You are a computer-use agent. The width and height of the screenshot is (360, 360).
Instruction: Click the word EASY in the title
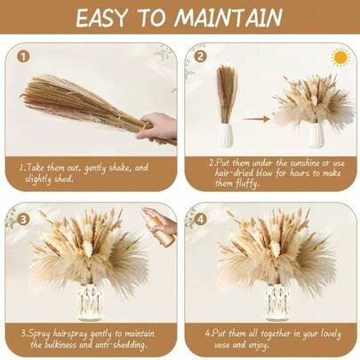pyautogui.click(x=101, y=17)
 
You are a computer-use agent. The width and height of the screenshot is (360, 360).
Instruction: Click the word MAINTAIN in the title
pyautogui.click(x=228, y=17)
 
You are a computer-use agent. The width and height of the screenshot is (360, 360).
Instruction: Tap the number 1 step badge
pyautogui.click(x=23, y=56)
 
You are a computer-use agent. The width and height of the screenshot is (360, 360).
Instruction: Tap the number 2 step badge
pyautogui.click(x=200, y=56)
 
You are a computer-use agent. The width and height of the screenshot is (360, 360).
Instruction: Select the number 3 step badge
pyautogui.click(x=23, y=220)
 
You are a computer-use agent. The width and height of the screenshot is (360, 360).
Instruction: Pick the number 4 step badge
pyautogui.click(x=201, y=220)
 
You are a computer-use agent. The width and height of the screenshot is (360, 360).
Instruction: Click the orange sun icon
pyautogui.click(x=340, y=57)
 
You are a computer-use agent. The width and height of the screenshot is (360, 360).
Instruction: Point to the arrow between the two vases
pyautogui.click(x=256, y=119)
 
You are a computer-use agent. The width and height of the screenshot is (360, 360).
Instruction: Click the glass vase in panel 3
pyautogui.click(x=87, y=301)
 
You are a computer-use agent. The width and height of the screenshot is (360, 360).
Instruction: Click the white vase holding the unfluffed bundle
pyautogui.click(x=226, y=135)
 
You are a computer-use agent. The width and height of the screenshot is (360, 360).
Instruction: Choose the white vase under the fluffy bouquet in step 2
pyautogui.click(x=316, y=135)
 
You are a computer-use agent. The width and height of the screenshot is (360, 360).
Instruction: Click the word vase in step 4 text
pyautogui.click(x=222, y=345)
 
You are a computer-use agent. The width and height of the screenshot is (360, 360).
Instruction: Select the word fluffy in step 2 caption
pyautogui.click(x=246, y=184)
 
